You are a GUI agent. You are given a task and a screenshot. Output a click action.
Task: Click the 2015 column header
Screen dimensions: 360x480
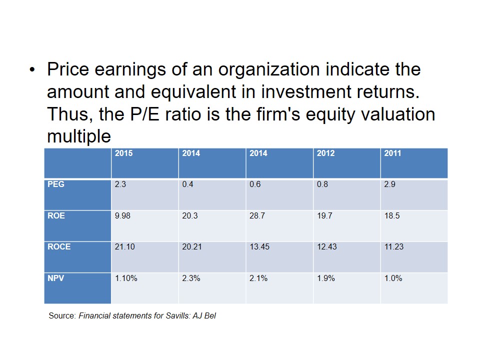[123, 153]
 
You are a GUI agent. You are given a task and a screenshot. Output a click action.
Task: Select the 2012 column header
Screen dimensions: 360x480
[325, 153]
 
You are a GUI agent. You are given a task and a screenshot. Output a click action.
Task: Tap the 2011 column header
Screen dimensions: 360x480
[392, 153]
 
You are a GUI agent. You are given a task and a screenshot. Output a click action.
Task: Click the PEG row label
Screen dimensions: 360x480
[56, 184]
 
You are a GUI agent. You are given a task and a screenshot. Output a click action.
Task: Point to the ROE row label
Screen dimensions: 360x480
[56, 215]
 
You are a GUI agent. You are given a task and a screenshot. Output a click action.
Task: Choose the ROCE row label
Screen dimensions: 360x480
[59, 246]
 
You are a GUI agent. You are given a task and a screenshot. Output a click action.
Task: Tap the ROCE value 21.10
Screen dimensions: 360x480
[124, 246]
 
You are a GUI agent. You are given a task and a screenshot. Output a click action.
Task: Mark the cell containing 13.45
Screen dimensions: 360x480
[259, 246]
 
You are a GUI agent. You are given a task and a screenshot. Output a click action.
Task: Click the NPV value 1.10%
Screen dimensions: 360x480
[126, 278]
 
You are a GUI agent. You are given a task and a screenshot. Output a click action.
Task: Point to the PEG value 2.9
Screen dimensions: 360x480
[389, 184]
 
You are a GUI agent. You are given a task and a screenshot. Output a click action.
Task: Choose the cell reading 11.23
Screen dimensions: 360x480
[393, 246]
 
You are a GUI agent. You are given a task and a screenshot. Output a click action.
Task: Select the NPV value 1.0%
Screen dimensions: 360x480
[393, 278]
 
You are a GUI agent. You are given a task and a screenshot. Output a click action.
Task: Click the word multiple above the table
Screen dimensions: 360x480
[78, 136]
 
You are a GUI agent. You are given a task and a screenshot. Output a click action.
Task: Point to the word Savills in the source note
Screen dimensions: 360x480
[170, 316]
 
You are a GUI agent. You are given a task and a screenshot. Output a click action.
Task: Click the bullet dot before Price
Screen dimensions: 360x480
[32, 70]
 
